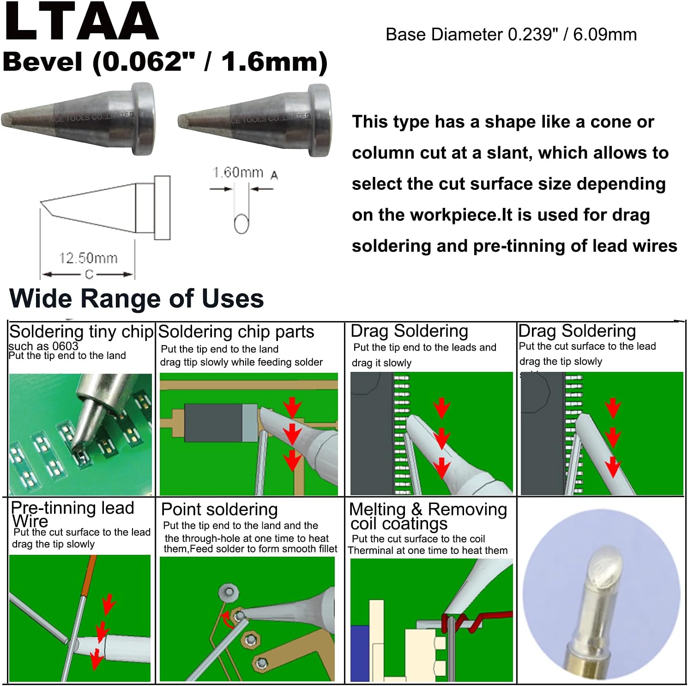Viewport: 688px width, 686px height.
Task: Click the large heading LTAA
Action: pyautogui.click(x=81, y=22)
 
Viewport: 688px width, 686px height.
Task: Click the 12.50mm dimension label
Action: pyautogui.click(x=88, y=258)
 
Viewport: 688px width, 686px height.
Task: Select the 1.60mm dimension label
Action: pyautogui.click(x=238, y=173)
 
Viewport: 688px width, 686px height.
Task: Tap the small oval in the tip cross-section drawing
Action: pyautogui.click(x=241, y=224)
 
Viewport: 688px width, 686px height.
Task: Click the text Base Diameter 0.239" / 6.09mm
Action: pyautogui.click(x=511, y=35)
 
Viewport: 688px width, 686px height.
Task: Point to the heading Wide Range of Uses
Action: pyautogui.click(x=136, y=298)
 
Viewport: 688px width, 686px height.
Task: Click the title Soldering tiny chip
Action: pyautogui.click(x=81, y=332)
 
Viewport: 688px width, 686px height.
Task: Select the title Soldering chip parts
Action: pyautogui.click(x=236, y=332)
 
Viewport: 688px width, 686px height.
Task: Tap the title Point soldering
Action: pyautogui.click(x=219, y=509)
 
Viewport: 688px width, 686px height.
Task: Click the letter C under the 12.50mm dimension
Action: pyautogui.click(x=89, y=274)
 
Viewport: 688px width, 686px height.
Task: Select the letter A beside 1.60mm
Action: pyautogui.click(x=274, y=176)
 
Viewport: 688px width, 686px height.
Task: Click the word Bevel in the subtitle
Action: pyautogui.click(x=42, y=61)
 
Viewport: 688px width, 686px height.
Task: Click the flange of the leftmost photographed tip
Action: pyautogui.click(x=143, y=119)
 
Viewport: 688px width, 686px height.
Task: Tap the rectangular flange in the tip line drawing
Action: pyautogui.click(x=162, y=208)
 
